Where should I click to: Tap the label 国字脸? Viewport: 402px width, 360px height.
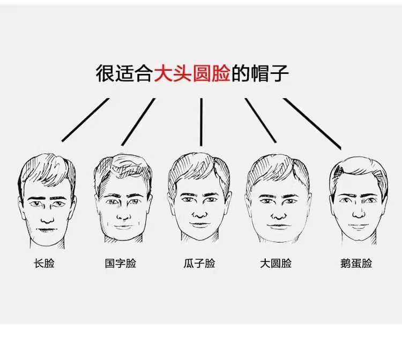coord(121,264)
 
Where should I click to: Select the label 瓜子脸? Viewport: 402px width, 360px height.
coord(199,264)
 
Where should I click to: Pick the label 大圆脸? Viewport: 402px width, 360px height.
coord(276,264)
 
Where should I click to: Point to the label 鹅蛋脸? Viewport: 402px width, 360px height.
coord(356,264)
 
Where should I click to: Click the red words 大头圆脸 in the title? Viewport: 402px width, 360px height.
coord(192,73)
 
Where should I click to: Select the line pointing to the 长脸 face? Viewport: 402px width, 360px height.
coord(86,120)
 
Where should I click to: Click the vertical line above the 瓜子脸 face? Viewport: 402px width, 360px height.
coord(201,122)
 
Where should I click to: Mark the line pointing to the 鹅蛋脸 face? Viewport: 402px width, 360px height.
coord(312,123)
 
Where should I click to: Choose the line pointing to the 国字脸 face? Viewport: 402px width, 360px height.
coord(138,122)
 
